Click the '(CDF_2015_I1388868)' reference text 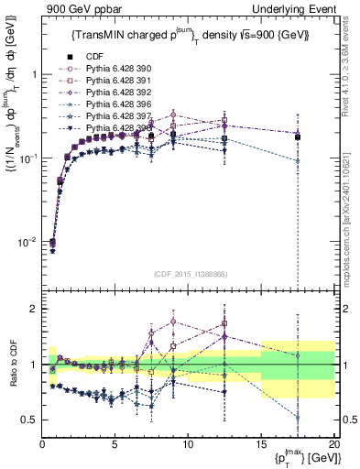[x=190, y=273]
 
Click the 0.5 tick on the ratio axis [x=29, y=420]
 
